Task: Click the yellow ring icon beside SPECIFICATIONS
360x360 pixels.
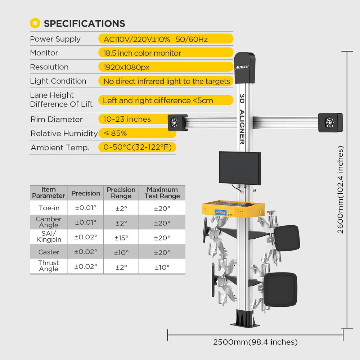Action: tap(35, 23)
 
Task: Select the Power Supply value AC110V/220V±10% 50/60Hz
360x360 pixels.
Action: tap(156, 39)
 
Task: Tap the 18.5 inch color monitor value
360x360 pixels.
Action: tap(142, 53)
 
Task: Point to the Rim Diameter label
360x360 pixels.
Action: tap(56, 120)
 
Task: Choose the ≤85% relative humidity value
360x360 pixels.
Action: tap(115, 133)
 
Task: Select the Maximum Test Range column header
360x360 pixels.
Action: tap(162, 193)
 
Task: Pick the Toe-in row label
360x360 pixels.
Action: tap(49, 208)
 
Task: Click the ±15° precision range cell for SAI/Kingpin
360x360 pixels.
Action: tap(121, 238)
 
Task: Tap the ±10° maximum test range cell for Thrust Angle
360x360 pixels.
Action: tap(162, 267)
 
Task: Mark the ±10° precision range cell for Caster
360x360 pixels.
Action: tap(121, 252)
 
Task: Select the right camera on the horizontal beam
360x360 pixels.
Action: tap(330, 122)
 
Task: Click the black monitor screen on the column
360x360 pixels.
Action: tap(240, 168)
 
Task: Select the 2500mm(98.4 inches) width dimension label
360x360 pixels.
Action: tap(255, 342)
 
